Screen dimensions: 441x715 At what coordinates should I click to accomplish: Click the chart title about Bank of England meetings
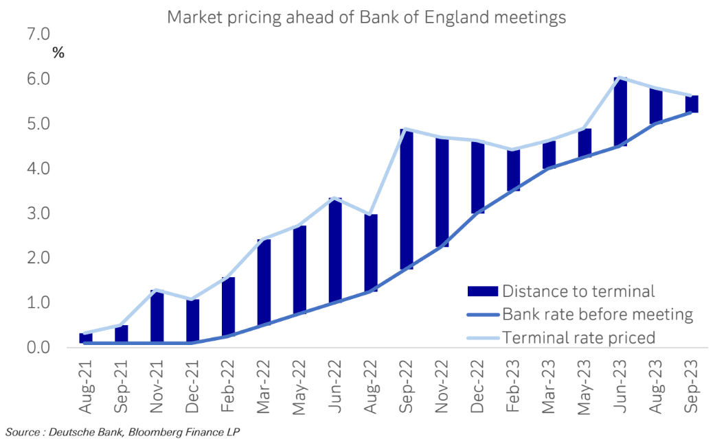tap(367, 17)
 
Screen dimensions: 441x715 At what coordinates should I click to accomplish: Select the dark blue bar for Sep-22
tap(406, 199)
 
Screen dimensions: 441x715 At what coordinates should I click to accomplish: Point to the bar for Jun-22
tap(334, 250)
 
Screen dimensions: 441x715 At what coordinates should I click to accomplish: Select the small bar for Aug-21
tap(85, 337)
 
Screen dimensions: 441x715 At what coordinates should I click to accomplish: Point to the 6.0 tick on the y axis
tap(38, 79)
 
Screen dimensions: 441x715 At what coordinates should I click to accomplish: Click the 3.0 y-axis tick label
tap(38, 213)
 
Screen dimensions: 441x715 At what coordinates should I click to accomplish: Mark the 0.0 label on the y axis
tap(38, 347)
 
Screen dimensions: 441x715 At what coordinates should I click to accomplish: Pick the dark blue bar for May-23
tap(585, 143)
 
